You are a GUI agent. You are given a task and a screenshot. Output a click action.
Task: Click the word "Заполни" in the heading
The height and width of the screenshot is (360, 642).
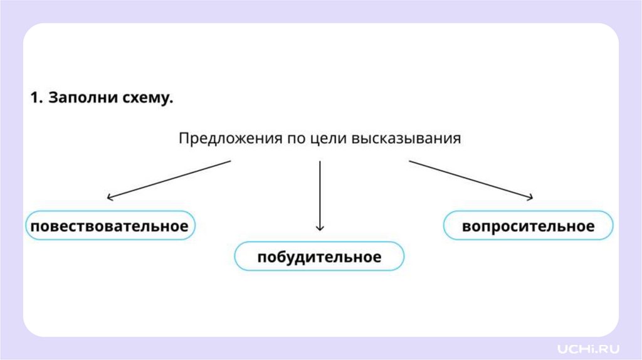pos(76,99)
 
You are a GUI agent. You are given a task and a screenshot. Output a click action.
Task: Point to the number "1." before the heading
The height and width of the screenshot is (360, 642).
pos(36,99)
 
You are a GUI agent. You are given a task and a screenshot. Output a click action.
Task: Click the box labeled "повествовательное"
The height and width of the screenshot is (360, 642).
pos(110,226)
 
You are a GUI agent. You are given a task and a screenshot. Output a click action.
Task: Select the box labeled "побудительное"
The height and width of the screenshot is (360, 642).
pos(319,257)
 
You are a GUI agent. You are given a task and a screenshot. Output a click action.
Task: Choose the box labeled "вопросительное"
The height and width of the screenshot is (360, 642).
pos(528,226)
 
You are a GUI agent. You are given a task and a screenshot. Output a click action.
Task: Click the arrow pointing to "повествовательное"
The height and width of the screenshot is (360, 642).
pos(169,179)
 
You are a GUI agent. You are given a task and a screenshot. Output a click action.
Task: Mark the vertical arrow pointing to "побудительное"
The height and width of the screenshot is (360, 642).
pos(320,194)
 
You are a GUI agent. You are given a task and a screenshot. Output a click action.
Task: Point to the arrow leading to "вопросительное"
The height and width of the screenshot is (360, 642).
pos(471,179)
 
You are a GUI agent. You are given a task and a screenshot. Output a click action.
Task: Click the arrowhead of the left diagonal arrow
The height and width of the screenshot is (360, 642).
pos(110,198)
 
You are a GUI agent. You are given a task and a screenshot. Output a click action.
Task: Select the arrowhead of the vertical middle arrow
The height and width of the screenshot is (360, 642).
pos(320,228)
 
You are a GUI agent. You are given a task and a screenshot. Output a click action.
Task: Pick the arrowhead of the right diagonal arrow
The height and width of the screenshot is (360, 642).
pos(530,198)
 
